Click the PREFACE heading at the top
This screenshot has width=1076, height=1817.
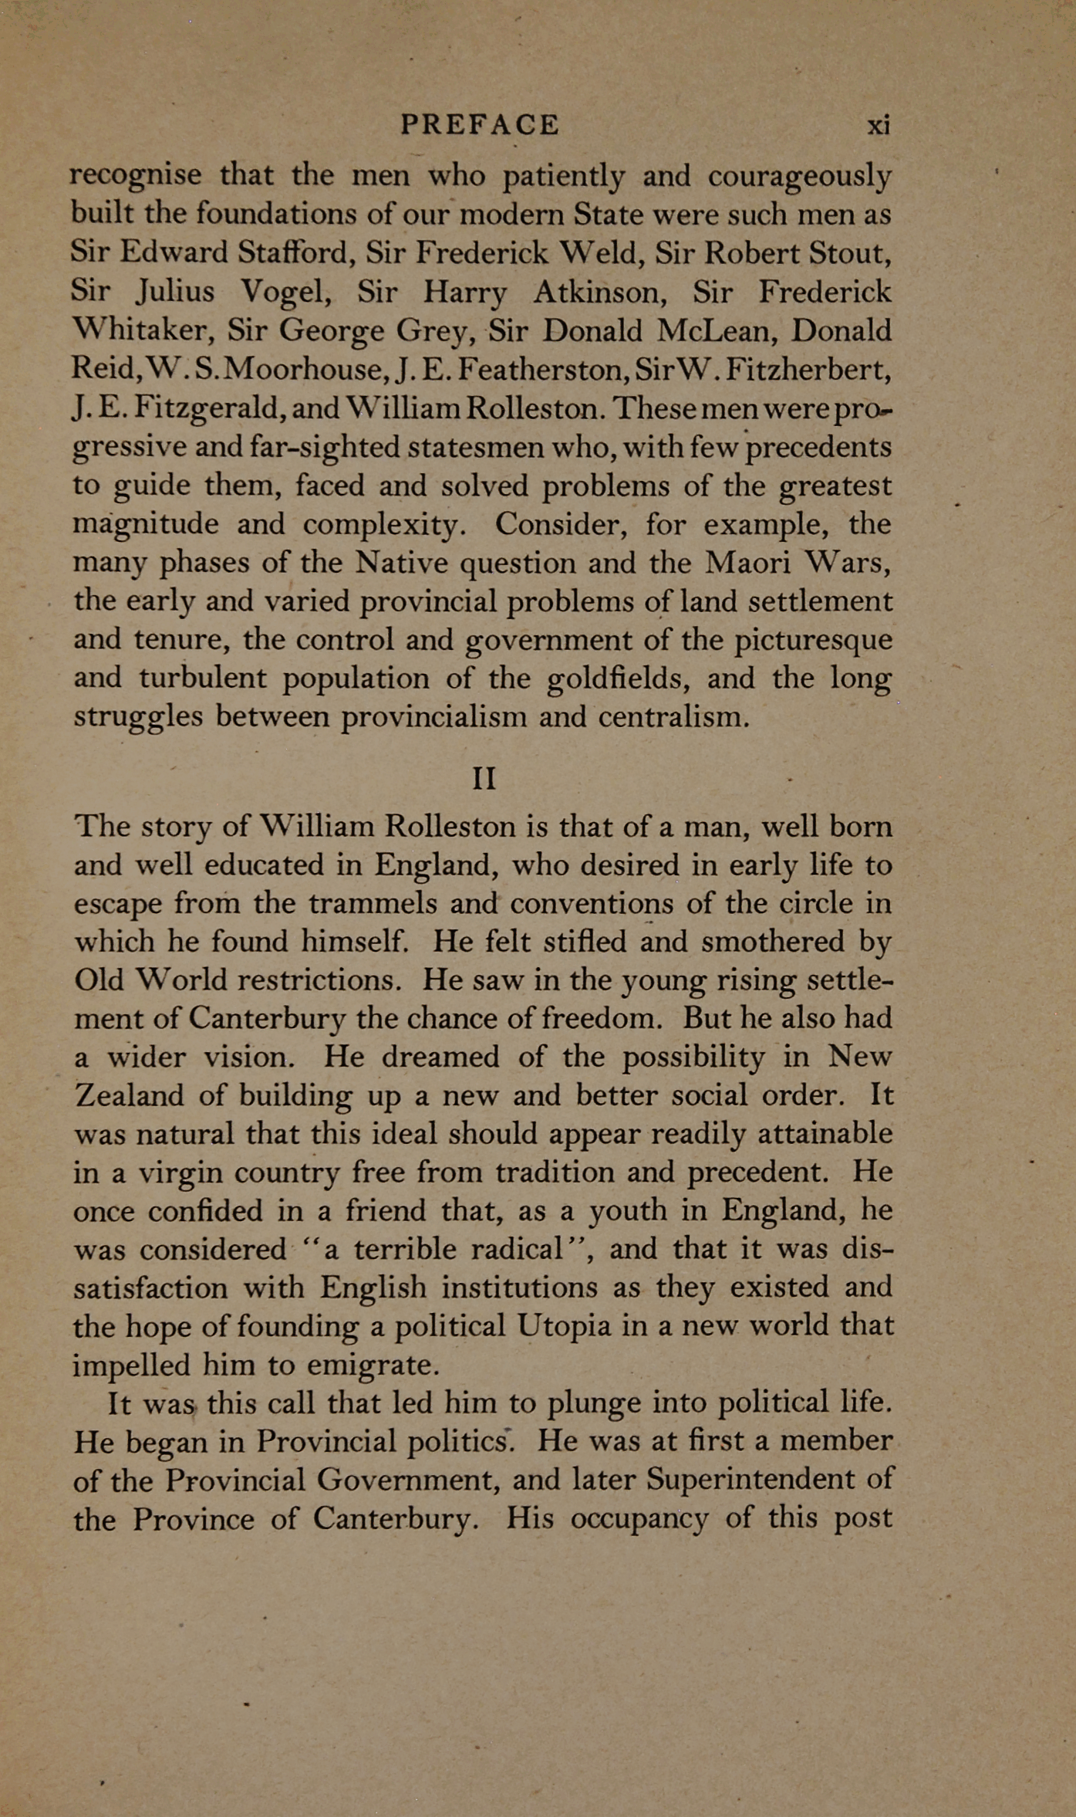(x=479, y=125)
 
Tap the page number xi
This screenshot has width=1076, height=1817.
(x=879, y=125)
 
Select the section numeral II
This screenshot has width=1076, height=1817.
(x=484, y=779)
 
